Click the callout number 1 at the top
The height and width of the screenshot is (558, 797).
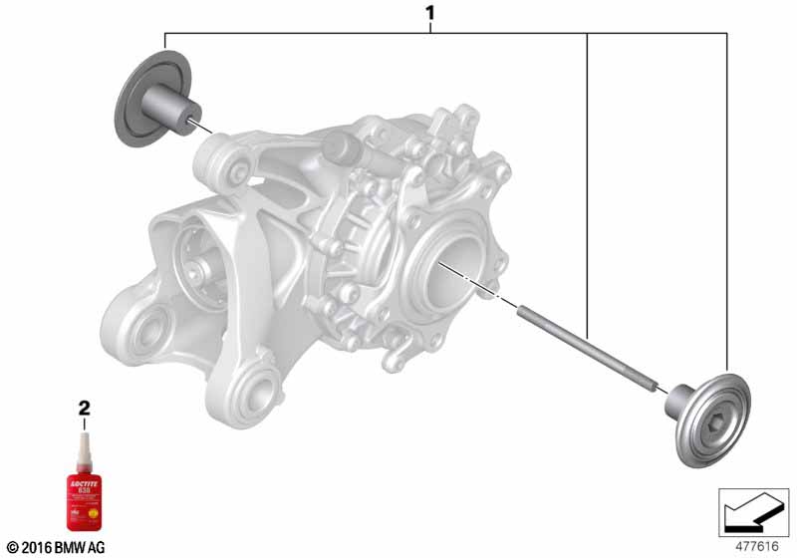pyautogui.click(x=429, y=14)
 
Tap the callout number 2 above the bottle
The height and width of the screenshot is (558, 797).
pyautogui.click(x=85, y=408)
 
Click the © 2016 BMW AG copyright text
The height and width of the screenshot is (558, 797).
pyautogui.click(x=56, y=547)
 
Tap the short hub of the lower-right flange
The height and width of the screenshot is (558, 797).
pyautogui.click(x=681, y=402)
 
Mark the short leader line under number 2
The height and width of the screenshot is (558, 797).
pyautogui.click(x=85, y=422)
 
